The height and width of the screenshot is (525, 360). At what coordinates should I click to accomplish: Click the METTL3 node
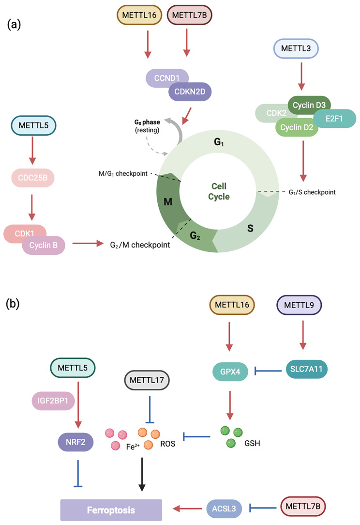pos(296,48)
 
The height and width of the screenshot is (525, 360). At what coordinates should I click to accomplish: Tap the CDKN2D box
pos(190,92)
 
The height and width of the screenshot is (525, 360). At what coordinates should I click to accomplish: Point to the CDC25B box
pos(33,178)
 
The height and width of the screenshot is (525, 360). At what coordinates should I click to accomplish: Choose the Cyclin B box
pos(44,246)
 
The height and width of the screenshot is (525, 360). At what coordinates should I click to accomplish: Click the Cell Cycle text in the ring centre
pos(219,191)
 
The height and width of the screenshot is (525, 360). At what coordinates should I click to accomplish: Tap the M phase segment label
pos(168,201)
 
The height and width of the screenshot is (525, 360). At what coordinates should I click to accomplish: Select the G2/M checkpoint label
pos(140,245)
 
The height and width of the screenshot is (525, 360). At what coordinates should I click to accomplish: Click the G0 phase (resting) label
pos(147,126)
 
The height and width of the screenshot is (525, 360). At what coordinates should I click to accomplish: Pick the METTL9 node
pos(299,305)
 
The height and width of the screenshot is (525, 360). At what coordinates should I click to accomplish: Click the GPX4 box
pos(230,371)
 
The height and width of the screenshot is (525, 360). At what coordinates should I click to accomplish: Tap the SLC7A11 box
pos(306,369)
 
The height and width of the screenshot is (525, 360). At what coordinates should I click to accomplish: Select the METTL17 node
pos(147,380)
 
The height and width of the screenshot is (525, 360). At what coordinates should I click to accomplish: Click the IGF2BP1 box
pos(53,401)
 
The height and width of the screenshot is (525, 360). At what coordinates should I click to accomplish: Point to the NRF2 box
pos(75,442)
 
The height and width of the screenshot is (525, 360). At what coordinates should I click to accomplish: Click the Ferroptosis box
pos(111,510)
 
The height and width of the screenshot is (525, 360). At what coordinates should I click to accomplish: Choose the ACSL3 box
pos(224,509)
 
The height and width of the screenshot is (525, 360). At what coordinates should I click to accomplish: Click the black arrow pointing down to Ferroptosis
pos(142,475)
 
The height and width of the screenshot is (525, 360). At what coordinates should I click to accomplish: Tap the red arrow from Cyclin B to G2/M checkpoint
pos(88,244)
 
